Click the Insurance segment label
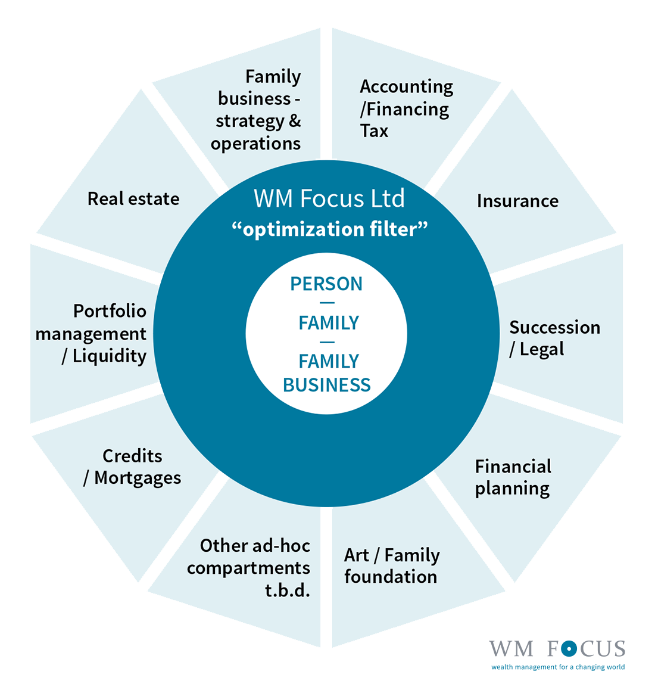[517, 201]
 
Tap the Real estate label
[133, 198]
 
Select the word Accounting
[406, 87]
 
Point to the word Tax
[374, 131]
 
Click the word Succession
[554, 327]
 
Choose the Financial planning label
[513, 477]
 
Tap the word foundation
[391, 577]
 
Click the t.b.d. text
[288, 590]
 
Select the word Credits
[132, 456]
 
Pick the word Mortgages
[138, 478]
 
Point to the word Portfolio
[110, 310]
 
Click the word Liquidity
[110, 356]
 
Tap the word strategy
[250, 121]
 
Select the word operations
[255, 144]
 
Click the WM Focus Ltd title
[329, 198]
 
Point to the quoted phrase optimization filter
[329, 229]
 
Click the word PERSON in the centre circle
[326, 284]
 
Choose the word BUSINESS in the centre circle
[327, 385]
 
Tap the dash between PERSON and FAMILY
[327, 303]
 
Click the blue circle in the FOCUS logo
[569, 649]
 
